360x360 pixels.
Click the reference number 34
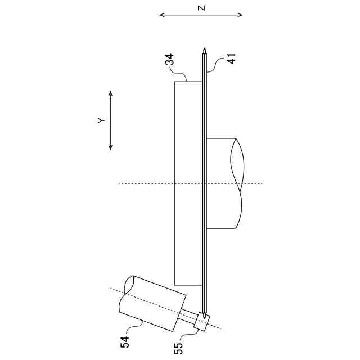click(170, 60)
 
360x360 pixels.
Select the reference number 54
click(125, 342)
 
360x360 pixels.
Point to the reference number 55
click(179, 348)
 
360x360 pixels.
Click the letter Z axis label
click(201, 8)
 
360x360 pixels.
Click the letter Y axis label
click(101, 120)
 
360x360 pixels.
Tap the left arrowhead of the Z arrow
click(161, 15)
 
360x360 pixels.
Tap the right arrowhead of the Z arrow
click(241, 15)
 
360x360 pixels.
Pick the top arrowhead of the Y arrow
click(110, 93)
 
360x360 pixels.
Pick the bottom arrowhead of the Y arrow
click(110, 147)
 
